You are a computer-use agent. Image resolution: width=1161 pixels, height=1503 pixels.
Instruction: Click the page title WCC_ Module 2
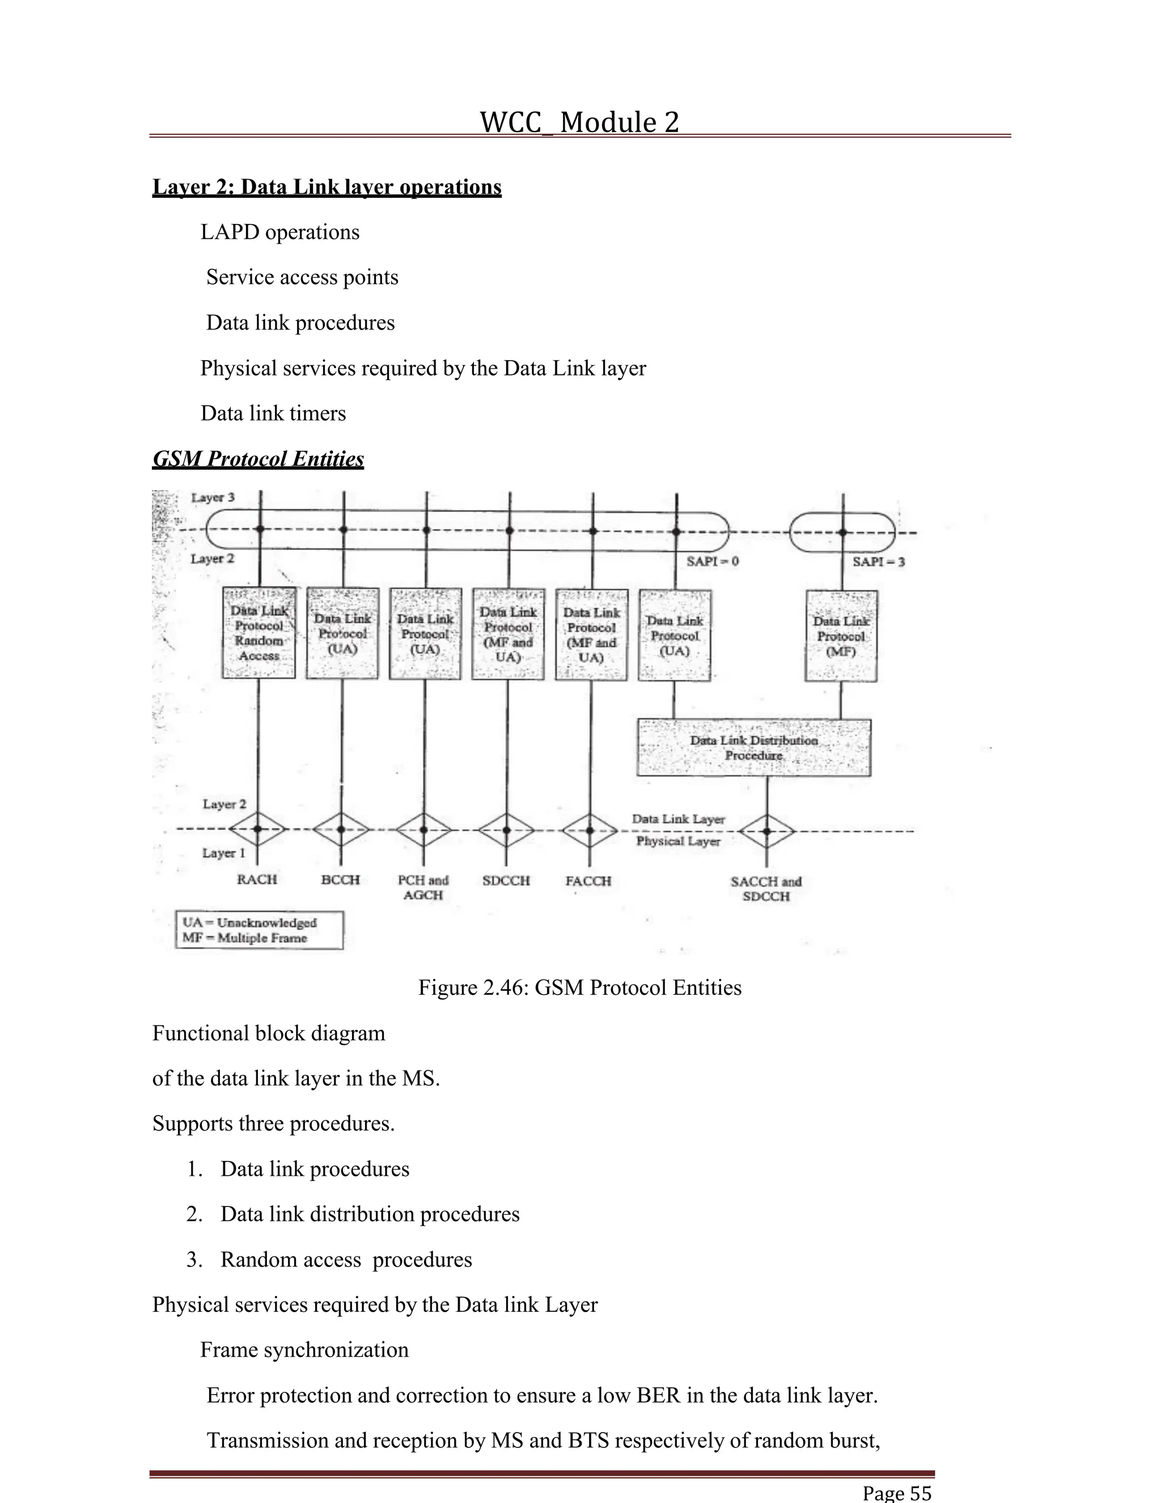pyautogui.click(x=579, y=123)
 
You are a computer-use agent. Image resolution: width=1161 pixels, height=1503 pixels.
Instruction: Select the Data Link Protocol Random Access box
pyautogui.click(x=259, y=632)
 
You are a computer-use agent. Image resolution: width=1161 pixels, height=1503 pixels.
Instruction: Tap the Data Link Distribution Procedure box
pyautogui.click(x=754, y=748)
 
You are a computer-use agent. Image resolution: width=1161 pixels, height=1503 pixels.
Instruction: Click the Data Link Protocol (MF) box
pyautogui.click(x=841, y=635)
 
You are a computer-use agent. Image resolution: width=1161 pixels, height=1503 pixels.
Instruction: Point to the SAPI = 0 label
pyautogui.click(x=713, y=561)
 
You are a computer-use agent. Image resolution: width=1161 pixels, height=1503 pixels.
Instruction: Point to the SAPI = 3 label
pyautogui.click(x=878, y=562)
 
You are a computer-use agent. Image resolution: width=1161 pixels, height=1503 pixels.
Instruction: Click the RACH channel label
pyautogui.click(x=257, y=880)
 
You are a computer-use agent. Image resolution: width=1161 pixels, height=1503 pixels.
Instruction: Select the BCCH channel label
pyautogui.click(x=341, y=880)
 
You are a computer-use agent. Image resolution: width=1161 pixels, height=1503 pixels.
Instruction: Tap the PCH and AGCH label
pyautogui.click(x=423, y=888)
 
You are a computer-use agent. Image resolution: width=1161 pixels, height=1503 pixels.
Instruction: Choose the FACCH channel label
pyautogui.click(x=588, y=881)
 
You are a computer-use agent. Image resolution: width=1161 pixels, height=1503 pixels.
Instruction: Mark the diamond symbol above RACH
pyautogui.click(x=258, y=829)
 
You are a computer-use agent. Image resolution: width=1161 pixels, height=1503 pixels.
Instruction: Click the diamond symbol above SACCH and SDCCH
pyautogui.click(x=768, y=831)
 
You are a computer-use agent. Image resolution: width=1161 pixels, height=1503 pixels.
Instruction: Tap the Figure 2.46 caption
pyautogui.click(x=579, y=988)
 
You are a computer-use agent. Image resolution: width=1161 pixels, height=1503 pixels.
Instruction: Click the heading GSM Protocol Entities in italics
pyautogui.click(x=258, y=459)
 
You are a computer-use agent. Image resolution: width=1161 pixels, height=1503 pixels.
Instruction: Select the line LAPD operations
pyautogui.click(x=280, y=233)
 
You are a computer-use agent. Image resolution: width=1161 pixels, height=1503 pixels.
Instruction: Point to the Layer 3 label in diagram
pyautogui.click(x=213, y=497)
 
